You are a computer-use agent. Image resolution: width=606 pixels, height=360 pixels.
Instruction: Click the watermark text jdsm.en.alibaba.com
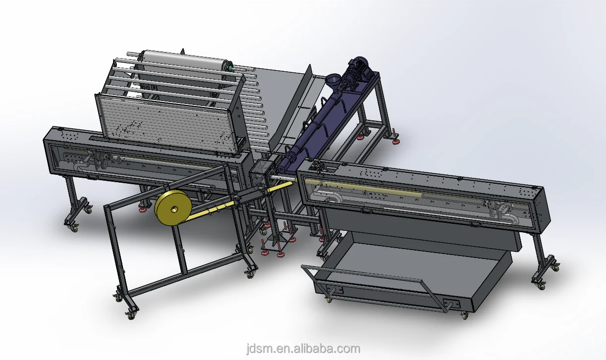coord(303,349)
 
